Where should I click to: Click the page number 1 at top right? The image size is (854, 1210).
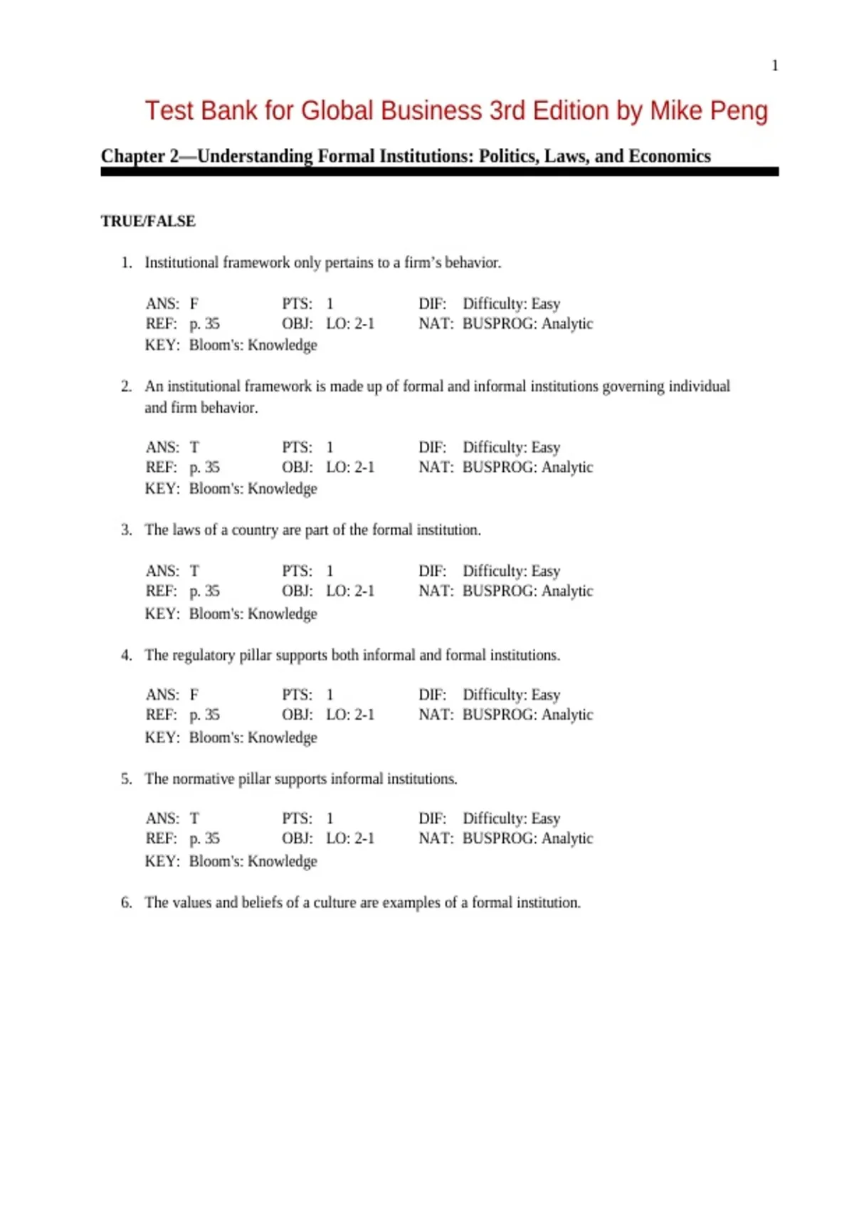click(775, 65)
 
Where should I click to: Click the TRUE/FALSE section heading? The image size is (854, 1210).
click(148, 221)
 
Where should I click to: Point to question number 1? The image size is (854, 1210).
click(127, 263)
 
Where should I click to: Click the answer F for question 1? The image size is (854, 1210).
click(194, 304)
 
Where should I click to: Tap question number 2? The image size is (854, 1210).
click(127, 386)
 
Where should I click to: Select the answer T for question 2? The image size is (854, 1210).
click(194, 448)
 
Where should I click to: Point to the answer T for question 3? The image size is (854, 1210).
click(194, 572)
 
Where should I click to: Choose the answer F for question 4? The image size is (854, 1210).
click(194, 695)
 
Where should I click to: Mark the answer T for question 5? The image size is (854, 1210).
click(194, 819)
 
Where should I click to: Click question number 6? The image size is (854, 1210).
click(127, 903)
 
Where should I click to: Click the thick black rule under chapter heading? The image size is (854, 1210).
click(439, 172)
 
